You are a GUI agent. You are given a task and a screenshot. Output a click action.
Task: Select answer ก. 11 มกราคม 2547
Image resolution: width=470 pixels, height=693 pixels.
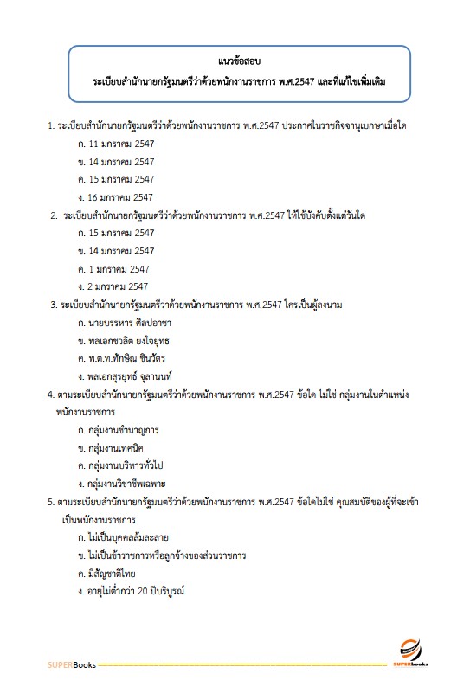[x=116, y=143]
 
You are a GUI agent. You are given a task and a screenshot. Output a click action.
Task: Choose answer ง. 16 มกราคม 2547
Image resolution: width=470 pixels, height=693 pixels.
[x=116, y=197]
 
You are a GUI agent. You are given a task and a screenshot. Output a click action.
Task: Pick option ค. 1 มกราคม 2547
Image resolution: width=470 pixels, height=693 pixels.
[x=113, y=269]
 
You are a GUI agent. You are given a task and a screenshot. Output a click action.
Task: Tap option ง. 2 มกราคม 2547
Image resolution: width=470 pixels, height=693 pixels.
[x=113, y=286]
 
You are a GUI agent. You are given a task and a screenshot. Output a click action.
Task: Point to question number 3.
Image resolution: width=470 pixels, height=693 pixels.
[x=54, y=305]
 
